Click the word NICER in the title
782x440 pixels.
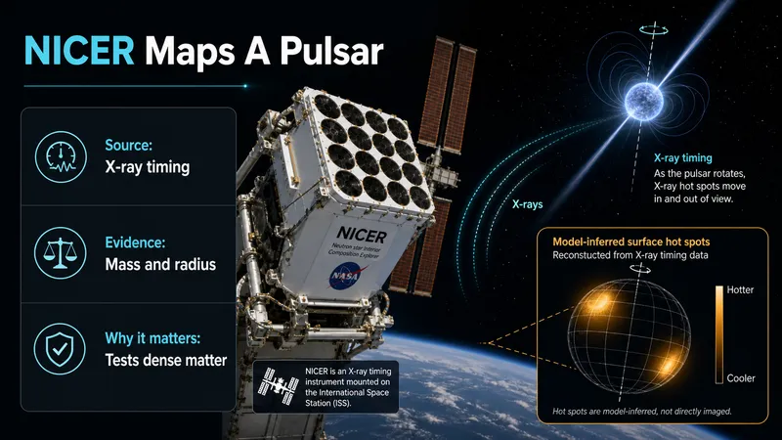(79, 51)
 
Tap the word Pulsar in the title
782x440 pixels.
(331, 51)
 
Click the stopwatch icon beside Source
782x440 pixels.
(61, 156)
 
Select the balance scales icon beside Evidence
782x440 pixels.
(60, 253)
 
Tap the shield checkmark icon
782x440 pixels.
(60, 349)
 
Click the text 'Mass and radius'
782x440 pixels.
(160, 264)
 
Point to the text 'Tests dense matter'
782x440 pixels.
(165, 360)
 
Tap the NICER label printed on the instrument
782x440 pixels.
(362, 234)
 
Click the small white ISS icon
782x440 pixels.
(278, 385)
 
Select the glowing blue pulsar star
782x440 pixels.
(644, 102)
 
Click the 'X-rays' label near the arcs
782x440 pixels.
(527, 204)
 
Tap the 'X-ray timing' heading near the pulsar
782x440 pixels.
(682, 158)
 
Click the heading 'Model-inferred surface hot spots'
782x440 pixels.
(630, 242)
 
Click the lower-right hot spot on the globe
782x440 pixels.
(667, 365)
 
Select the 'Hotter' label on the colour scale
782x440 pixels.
(740, 289)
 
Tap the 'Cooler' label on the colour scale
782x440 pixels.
(741, 378)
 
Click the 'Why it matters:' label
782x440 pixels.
(152, 338)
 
